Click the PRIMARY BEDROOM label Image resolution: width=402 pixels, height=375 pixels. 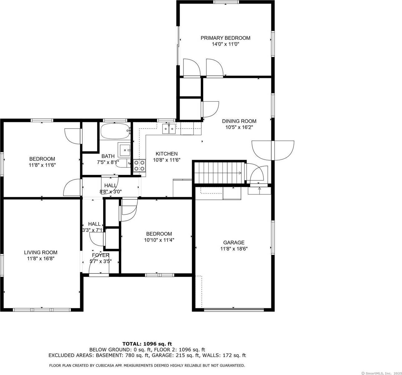[x=225, y=38]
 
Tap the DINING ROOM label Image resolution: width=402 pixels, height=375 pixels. [x=239, y=121]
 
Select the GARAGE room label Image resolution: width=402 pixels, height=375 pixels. [x=234, y=242]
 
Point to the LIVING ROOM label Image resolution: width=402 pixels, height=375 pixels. [x=41, y=252]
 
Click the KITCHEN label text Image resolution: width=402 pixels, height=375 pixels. [x=167, y=154]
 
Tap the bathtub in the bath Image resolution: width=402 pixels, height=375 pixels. [x=115, y=131]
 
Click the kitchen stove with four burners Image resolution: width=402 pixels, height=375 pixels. [x=140, y=166]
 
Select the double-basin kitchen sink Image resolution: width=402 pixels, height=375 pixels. [x=169, y=129]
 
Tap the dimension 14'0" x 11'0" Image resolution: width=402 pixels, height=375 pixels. [x=225, y=44]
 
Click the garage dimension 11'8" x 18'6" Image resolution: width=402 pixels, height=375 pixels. [x=234, y=249]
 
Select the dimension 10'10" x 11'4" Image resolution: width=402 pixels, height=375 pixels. [x=159, y=240]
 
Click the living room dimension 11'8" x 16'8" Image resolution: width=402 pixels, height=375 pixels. [x=41, y=259]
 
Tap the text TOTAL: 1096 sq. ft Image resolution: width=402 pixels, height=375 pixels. [x=147, y=344]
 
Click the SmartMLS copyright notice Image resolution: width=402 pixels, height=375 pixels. [x=381, y=373]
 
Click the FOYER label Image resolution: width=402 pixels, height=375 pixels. [x=100, y=255]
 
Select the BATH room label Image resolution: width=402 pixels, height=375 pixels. [x=108, y=156]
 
